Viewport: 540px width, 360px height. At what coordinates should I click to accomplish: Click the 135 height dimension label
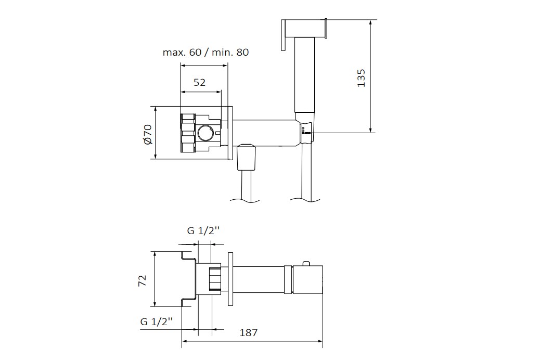(361, 78)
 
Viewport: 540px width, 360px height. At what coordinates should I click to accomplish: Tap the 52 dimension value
(199, 83)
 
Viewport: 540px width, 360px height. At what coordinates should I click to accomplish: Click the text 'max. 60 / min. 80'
(205, 53)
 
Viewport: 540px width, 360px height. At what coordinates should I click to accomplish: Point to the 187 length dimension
(248, 333)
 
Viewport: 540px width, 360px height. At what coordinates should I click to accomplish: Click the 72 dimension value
(142, 280)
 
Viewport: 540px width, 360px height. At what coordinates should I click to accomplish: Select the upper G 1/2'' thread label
(203, 231)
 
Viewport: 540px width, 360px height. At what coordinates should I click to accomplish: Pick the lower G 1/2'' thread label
(157, 322)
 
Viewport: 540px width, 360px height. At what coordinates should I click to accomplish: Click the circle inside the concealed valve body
(205, 133)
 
